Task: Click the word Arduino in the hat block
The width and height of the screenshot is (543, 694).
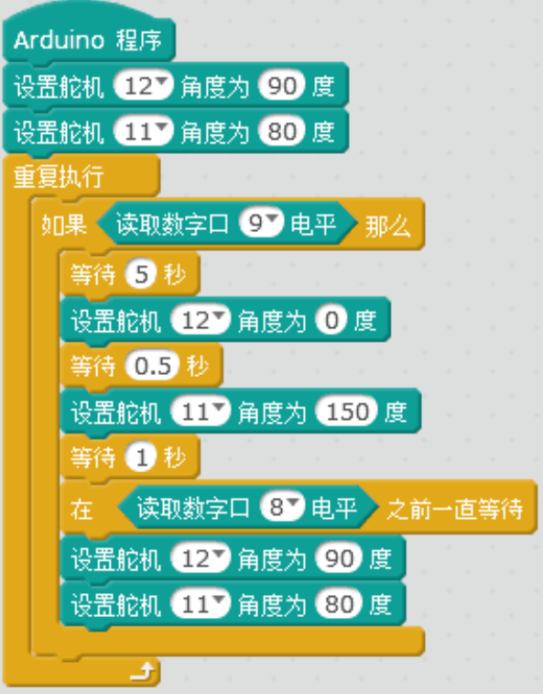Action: click(60, 40)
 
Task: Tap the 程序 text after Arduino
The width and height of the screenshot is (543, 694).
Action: click(139, 40)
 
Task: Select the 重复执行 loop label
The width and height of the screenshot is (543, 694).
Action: click(59, 176)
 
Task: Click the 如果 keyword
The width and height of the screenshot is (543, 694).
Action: click(64, 225)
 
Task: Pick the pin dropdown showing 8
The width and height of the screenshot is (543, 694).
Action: click(282, 506)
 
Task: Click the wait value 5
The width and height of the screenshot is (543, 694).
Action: click(141, 274)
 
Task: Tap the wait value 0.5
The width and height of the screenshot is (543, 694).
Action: click(153, 366)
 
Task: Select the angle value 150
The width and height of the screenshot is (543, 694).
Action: click(347, 412)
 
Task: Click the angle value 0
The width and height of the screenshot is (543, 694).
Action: click(331, 320)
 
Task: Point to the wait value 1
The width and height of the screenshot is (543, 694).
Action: click(141, 457)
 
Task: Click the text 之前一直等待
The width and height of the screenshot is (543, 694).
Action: click(455, 509)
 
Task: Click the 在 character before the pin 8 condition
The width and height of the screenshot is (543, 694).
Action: click(81, 510)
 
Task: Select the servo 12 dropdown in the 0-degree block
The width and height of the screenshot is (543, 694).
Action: click(201, 320)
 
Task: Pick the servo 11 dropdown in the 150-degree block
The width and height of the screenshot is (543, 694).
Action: click(201, 412)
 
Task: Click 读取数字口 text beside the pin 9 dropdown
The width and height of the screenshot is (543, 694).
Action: click(172, 224)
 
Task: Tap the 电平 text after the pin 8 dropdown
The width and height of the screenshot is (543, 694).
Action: click(334, 507)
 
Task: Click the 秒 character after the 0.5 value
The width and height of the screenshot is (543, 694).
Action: click(197, 366)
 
